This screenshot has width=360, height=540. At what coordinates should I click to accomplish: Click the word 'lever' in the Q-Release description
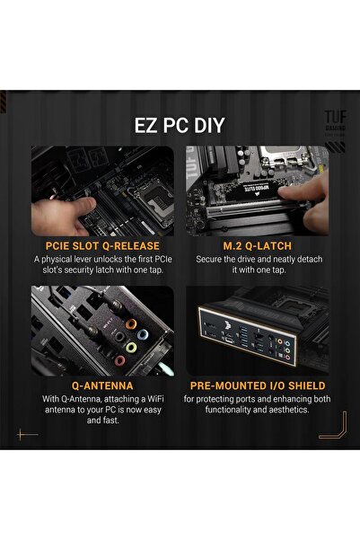[x=93, y=258]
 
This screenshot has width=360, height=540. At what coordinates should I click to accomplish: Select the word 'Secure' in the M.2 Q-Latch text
[x=211, y=258]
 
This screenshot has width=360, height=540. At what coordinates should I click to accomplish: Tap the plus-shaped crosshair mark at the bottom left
[x=29, y=434]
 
